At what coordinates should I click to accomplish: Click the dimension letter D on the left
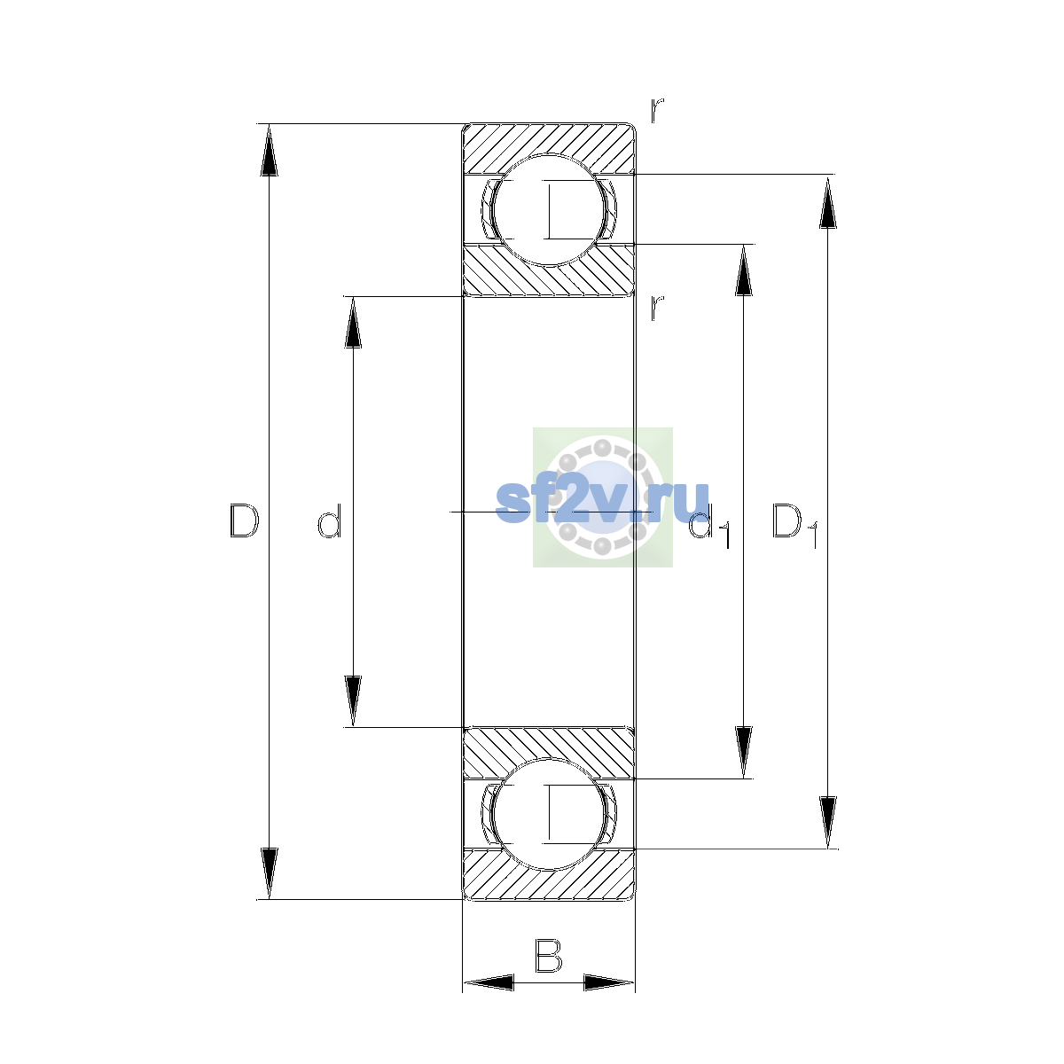coord(244,520)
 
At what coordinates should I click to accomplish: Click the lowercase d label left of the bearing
coord(330,520)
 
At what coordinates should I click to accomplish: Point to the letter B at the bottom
coord(548,955)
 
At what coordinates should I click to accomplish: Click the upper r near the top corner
coord(657,110)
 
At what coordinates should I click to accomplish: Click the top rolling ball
coord(548,210)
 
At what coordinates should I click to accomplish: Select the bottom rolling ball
coord(548,814)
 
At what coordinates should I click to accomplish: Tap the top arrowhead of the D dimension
coord(269,150)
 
